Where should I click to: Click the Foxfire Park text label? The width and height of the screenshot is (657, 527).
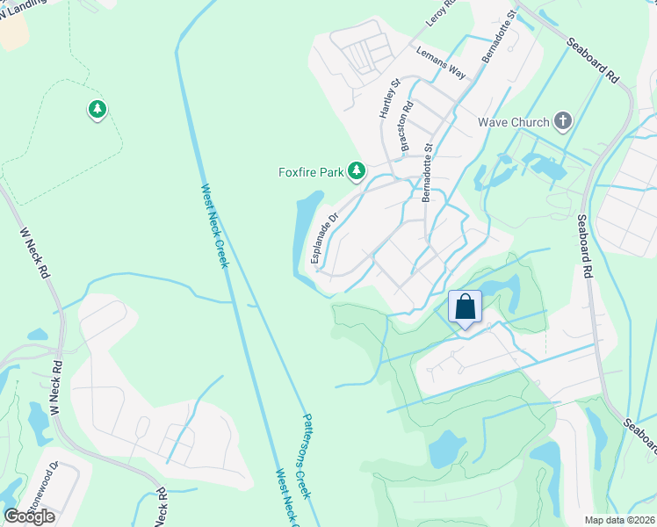tap(312, 172)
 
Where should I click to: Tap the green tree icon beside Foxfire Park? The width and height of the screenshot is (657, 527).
tap(356, 170)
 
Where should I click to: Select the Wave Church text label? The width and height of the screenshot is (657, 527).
tap(514, 122)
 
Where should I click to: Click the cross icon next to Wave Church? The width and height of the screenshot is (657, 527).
tap(563, 121)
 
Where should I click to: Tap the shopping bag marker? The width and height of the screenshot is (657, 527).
tap(466, 308)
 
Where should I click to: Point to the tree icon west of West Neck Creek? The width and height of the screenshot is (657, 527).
tap(97, 110)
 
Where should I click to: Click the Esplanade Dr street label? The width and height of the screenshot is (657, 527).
tap(324, 237)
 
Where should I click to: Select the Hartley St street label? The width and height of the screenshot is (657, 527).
tap(390, 98)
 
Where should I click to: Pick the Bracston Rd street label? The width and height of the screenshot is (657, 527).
tap(406, 130)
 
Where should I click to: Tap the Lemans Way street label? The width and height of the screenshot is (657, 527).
tap(442, 62)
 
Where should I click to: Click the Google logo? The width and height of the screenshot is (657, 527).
tap(29, 516)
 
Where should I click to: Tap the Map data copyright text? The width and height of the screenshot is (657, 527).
tap(620, 520)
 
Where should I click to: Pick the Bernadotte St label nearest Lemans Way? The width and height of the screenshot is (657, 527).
tap(498, 36)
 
